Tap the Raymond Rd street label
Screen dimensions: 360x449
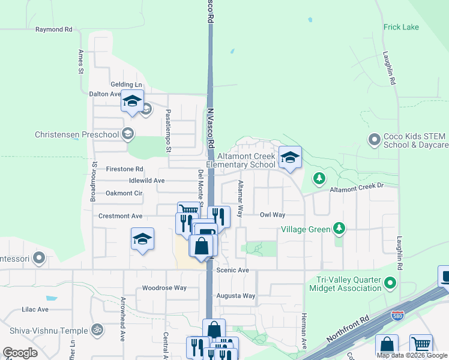click(x=53, y=29)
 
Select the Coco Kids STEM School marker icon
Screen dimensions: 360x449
click(x=375, y=140)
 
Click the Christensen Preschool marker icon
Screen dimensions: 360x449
click(x=127, y=134)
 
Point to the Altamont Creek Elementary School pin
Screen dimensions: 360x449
click(x=290, y=158)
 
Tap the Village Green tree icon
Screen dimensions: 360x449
click(x=340, y=229)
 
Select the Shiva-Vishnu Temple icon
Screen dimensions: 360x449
click(x=96, y=329)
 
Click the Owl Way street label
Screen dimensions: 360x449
click(x=272, y=214)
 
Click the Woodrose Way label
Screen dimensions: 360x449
click(x=164, y=288)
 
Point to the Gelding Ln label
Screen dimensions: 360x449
click(x=126, y=85)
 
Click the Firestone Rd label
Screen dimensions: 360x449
click(x=124, y=169)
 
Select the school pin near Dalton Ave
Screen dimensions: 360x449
click(x=132, y=101)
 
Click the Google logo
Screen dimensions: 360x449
click(x=20, y=353)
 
